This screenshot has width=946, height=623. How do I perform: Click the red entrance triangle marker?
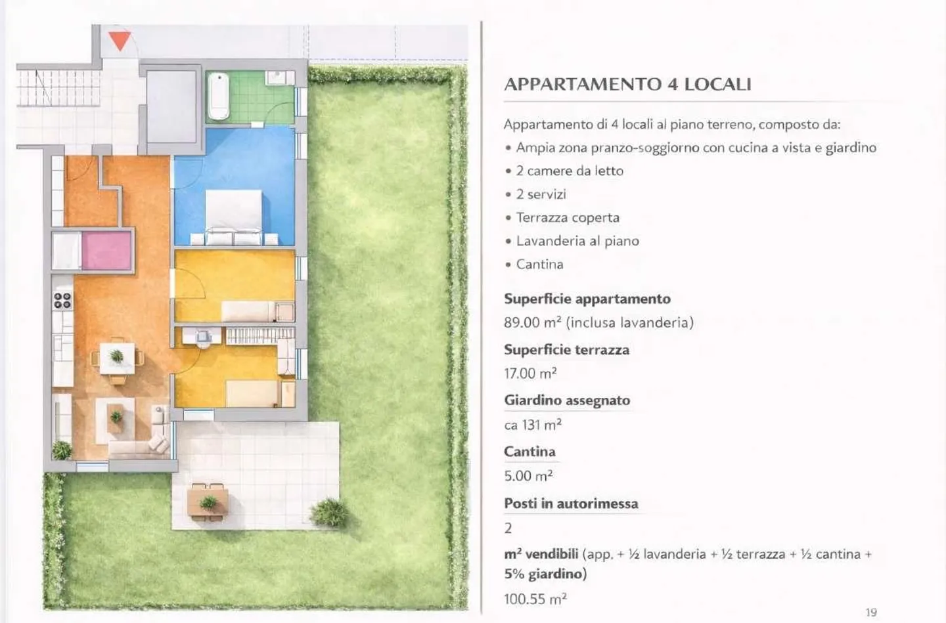coord(120,40)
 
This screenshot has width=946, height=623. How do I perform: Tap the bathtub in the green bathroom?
coord(218,96)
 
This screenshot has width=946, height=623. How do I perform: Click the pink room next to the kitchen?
coord(106,250)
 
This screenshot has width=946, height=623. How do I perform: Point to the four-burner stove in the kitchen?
coord(62,301)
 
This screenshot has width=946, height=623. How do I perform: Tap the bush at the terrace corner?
coord(328,512)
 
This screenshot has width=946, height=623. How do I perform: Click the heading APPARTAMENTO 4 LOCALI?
coord(627,84)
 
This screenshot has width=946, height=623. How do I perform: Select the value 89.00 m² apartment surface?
coord(598,322)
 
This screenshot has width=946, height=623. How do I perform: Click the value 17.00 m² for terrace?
coord(530,374)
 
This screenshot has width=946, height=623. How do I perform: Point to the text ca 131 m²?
coord(533,425)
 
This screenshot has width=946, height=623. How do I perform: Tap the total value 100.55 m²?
coord(535,599)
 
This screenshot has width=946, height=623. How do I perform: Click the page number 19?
coord(871,612)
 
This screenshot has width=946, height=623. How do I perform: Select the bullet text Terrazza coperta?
coord(568,217)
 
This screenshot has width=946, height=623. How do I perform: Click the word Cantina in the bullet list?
coord(539,264)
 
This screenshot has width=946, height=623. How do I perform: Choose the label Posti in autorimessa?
coord(571,504)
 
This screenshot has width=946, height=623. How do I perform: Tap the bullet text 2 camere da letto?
coord(570,171)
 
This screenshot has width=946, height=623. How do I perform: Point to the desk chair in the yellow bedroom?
coord(203,338)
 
